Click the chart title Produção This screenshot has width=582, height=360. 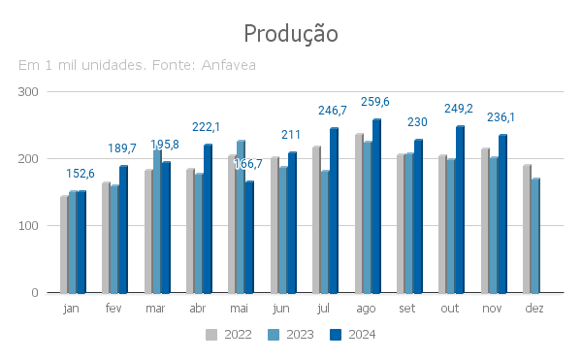291,34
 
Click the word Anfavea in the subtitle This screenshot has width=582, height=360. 229,65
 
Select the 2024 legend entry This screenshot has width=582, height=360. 353,335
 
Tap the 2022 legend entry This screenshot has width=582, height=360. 229,335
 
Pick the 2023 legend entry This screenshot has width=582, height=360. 291,335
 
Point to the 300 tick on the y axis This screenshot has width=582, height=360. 28,92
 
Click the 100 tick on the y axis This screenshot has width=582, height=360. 28,226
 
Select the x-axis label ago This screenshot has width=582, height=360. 366,309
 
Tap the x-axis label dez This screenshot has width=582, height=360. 534,308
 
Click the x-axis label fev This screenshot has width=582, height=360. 113,308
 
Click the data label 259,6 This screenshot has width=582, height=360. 375,102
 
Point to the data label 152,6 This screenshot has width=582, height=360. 81,174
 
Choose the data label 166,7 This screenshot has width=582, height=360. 248,164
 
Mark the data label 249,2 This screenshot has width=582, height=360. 459,109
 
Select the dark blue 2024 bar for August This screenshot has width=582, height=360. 376,206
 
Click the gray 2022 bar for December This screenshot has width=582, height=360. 527,229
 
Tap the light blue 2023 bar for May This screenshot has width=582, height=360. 241,217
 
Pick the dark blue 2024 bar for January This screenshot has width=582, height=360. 81,242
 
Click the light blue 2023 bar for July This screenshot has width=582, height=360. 325,232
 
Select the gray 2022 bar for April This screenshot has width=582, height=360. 190,231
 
